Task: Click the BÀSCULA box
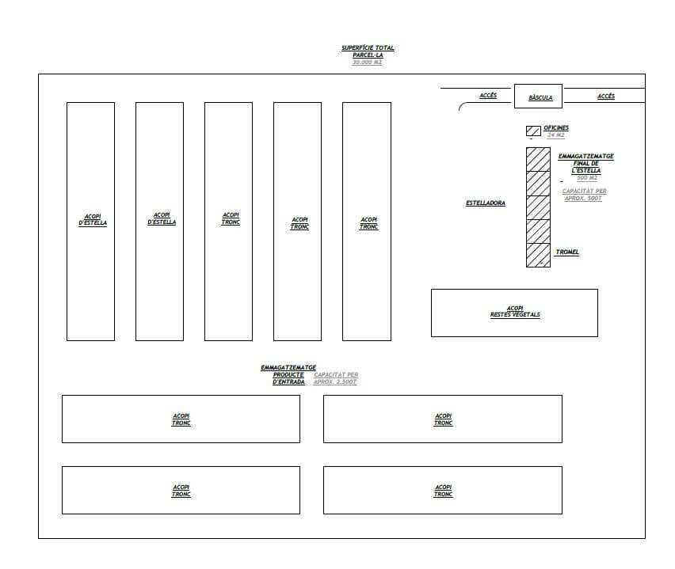pos(539,96)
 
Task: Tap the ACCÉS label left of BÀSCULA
pos(488,96)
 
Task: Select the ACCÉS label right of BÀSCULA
pos(606,96)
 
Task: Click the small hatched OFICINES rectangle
pos(533,131)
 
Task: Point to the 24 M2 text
pos(555,135)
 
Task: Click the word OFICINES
pos(556,127)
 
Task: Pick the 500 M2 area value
pos(587,177)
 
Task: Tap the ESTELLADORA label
pos(486,203)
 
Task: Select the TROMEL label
pos(567,252)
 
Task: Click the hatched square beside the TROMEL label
pos(539,255)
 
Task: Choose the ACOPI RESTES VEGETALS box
pos(514,313)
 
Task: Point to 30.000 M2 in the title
pos(367,63)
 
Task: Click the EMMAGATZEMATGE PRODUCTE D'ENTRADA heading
pos(288,374)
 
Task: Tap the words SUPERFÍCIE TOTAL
pos(368,48)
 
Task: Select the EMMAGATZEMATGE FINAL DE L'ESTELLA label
pos(586,163)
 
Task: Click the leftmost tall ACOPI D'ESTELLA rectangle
pos(90,221)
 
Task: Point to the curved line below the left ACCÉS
pos(463,106)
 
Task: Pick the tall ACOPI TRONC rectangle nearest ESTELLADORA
pos(367,221)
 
